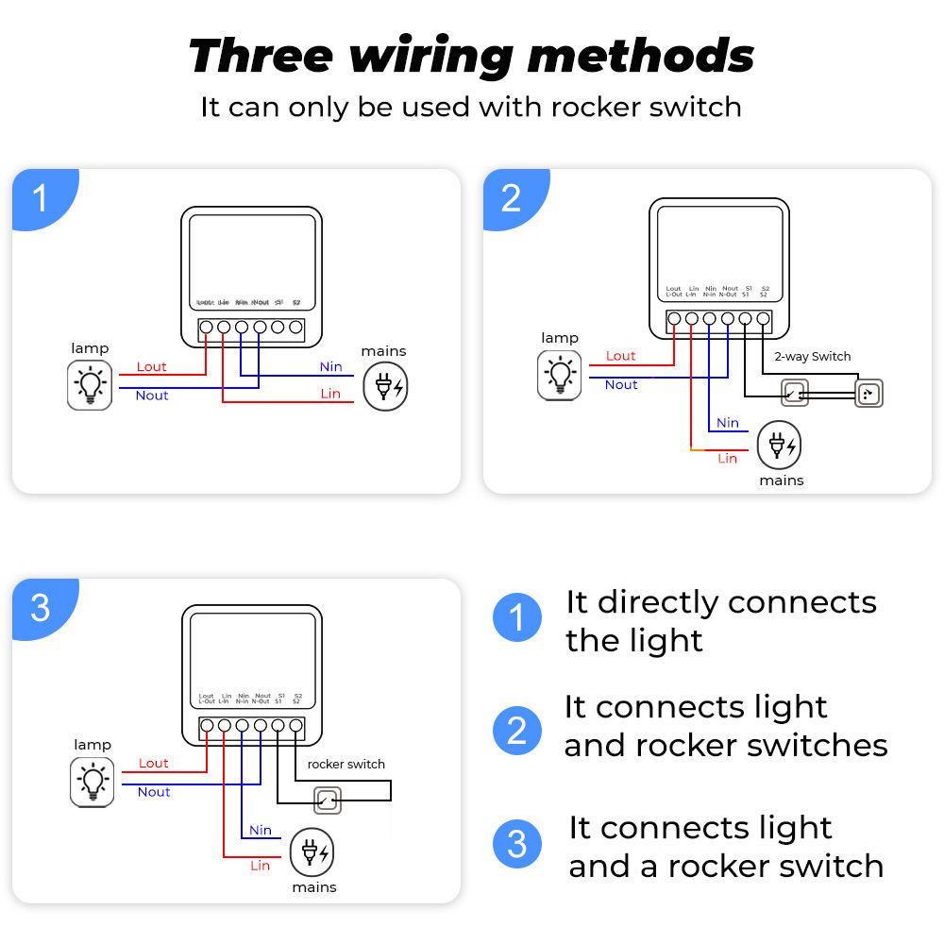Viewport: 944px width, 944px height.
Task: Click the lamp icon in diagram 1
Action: (90, 386)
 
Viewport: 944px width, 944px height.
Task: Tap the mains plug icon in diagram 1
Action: (386, 386)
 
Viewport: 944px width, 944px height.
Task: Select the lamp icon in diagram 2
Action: (560, 375)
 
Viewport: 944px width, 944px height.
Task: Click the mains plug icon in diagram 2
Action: (781, 444)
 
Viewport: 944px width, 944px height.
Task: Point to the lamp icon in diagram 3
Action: (93, 783)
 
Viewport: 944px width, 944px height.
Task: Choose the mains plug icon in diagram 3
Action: (312, 853)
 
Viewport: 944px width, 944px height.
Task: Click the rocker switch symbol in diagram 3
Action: (327, 801)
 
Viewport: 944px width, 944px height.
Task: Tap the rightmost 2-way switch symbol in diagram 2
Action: (868, 394)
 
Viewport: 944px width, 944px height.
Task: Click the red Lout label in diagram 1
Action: (151, 366)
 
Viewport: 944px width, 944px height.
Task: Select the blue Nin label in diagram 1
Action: (330, 366)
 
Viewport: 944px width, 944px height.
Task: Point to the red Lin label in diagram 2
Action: (727, 458)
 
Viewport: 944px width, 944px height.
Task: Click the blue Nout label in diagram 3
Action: (154, 792)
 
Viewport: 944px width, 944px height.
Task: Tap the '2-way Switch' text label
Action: (812, 356)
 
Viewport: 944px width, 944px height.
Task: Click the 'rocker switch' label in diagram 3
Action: (346, 764)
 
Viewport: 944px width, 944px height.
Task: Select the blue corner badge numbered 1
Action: (40, 199)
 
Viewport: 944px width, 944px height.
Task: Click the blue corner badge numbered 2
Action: (511, 199)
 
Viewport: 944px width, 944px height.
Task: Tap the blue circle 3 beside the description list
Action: (516, 844)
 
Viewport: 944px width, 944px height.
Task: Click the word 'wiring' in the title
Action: (431, 56)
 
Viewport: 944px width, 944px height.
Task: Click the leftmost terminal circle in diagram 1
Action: (206, 328)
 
